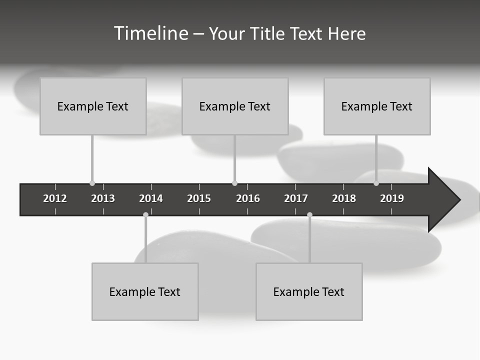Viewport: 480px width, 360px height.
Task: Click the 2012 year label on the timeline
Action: pyautogui.click(x=55, y=198)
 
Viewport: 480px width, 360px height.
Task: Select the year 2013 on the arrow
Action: pyautogui.click(x=103, y=198)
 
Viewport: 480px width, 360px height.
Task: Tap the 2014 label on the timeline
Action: pyautogui.click(x=151, y=198)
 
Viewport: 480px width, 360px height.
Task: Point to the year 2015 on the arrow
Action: pyautogui.click(x=199, y=198)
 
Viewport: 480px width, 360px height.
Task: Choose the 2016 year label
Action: pyautogui.click(x=248, y=198)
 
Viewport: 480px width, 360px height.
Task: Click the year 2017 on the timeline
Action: pyautogui.click(x=296, y=198)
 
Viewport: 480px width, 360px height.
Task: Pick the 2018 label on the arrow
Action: pyautogui.click(x=344, y=198)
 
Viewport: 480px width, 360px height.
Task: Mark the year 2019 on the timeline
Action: pyautogui.click(x=392, y=198)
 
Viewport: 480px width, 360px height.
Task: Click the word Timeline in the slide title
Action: pyautogui.click(x=150, y=33)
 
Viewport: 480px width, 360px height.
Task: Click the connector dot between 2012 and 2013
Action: pyautogui.click(x=92, y=183)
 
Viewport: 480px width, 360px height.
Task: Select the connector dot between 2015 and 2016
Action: pyautogui.click(x=234, y=183)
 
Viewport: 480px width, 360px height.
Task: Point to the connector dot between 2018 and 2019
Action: pyautogui.click(x=376, y=183)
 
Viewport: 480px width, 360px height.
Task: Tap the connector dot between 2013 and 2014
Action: pyautogui.click(x=145, y=215)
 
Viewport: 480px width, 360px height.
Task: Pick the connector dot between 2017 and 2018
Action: pyautogui.click(x=309, y=215)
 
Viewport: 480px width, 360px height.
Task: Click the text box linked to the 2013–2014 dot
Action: pyautogui.click(x=145, y=291)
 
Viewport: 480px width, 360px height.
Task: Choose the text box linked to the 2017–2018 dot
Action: pyautogui.click(x=309, y=291)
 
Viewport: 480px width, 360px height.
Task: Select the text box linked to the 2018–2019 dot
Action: pyautogui.click(x=377, y=106)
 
